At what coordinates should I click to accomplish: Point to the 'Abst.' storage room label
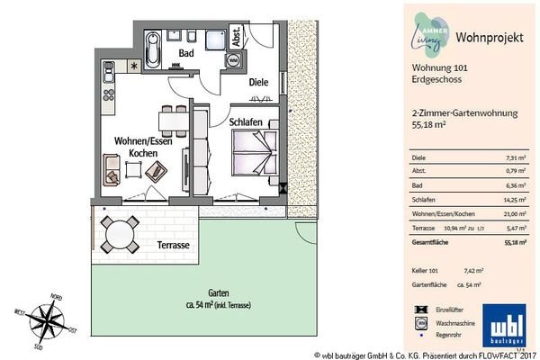236,36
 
